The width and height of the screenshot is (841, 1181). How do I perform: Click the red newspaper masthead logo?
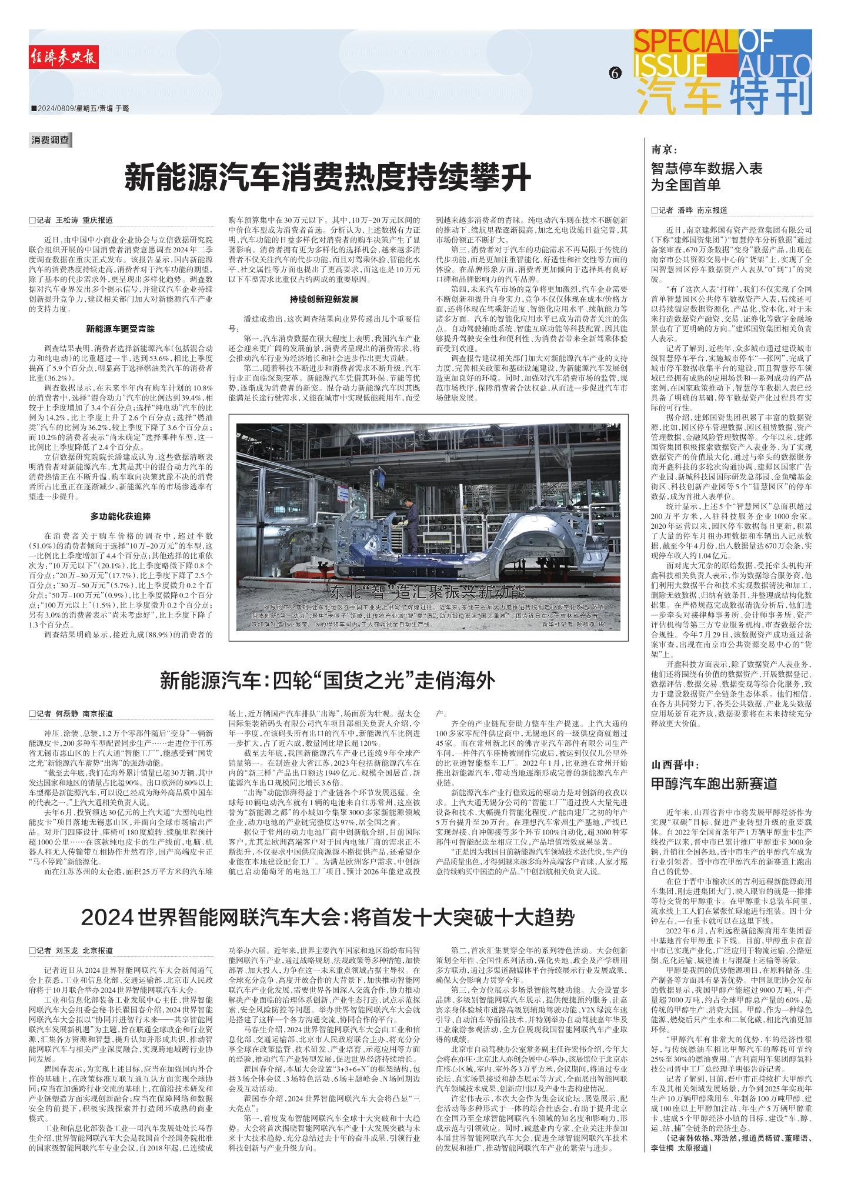[x=64, y=57]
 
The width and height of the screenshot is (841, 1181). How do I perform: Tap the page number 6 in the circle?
[x=615, y=73]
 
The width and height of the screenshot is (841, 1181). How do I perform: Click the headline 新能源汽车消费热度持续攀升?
[x=328, y=176]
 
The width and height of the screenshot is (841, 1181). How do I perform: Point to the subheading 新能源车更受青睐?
[x=120, y=329]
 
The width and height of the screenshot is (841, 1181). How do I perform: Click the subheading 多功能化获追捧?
[x=120, y=516]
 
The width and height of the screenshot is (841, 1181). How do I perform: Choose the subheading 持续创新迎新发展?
[x=323, y=299]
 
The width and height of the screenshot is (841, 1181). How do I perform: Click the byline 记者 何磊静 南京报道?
[x=71, y=714]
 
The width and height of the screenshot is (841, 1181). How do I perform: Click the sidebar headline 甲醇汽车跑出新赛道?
[x=713, y=783]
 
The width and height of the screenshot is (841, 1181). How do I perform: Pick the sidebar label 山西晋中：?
[x=674, y=765]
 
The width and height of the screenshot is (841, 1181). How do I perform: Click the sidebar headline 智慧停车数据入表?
[x=706, y=169]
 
